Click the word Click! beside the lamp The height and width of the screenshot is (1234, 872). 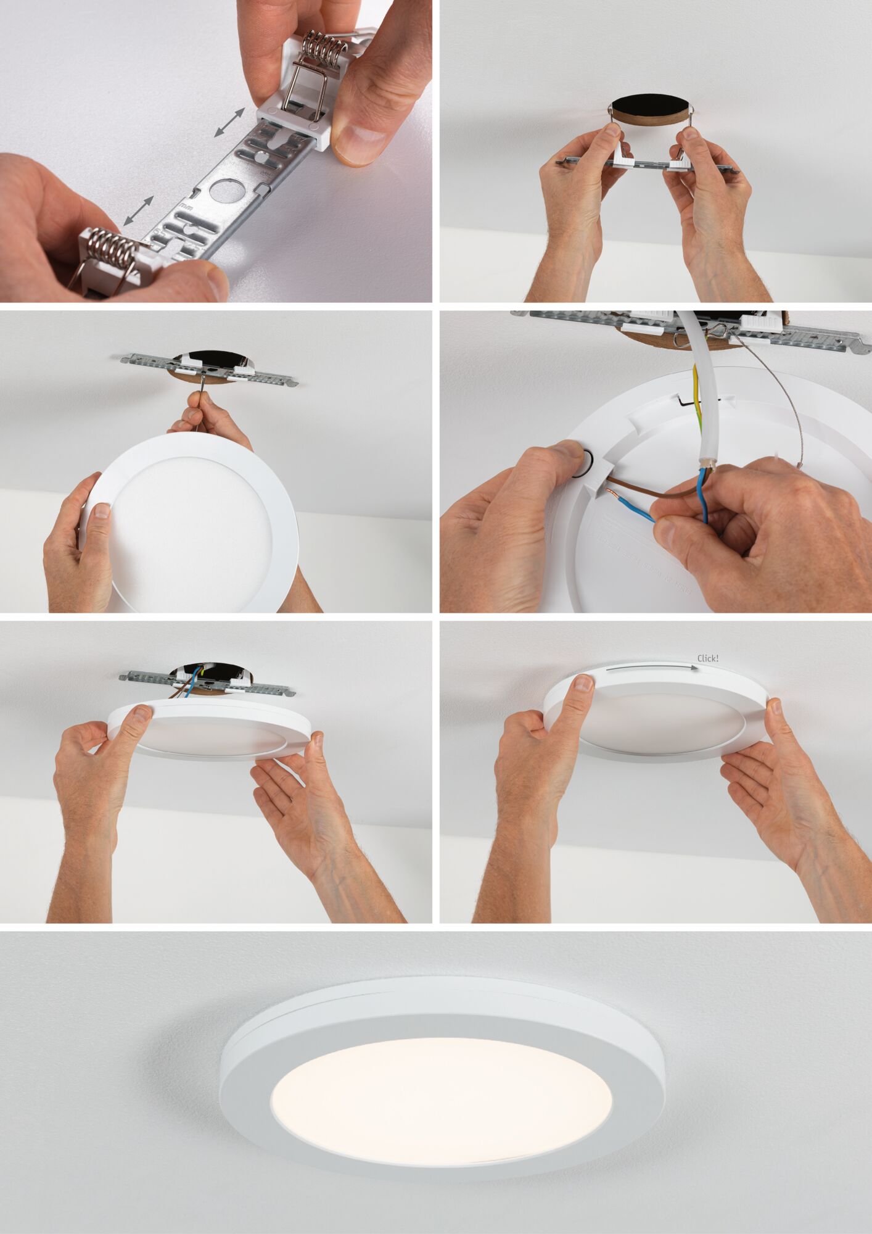click(707, 658)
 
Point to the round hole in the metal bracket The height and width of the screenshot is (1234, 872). click(222, 191)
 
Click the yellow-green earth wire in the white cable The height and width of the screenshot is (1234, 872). click(697, 395)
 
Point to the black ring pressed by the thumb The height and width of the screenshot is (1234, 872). click(583, 462)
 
